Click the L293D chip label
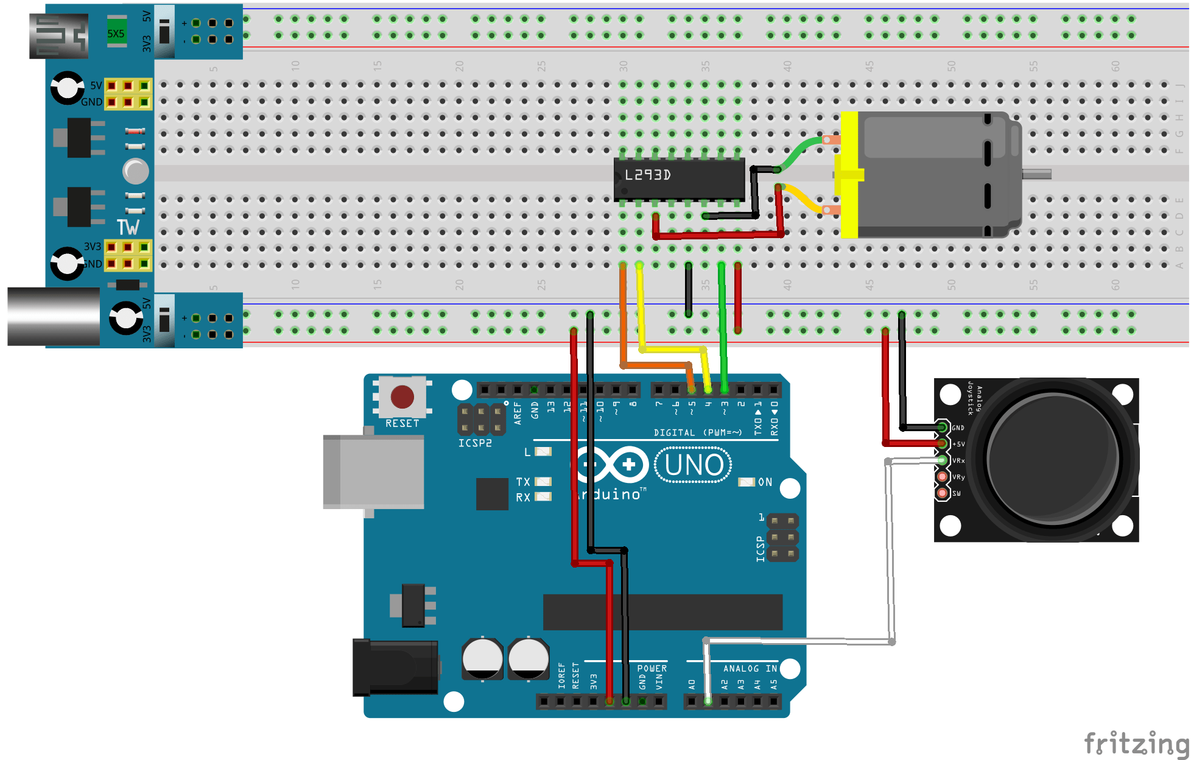[648, 175]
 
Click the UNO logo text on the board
[694, 466]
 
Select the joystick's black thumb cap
[1052, 458]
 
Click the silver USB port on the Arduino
[373, 472]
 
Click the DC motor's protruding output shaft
[1036, 175]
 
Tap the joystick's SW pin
[943, 493]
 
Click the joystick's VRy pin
[943, 476]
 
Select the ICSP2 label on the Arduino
[475, 443]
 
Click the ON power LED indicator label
[765, 482]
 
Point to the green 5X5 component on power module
[116, 33]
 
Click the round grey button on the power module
[135, 171]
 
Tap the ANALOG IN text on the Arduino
[750, 669]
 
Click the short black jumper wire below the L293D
[689, 289]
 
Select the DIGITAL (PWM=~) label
[697, 433]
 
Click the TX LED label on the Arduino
[523, 482]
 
